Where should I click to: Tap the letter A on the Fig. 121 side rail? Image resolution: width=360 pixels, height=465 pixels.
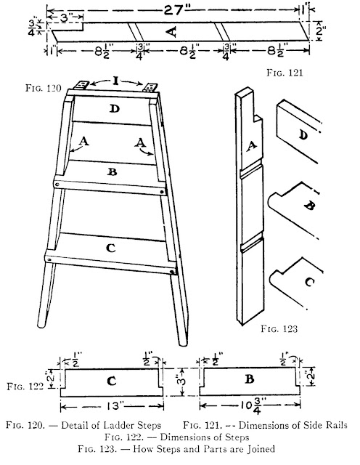(171, 32)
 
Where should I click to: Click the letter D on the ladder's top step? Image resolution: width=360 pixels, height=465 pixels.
(114, 110)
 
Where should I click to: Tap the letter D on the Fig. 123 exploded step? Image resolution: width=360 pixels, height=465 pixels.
(302, 135)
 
